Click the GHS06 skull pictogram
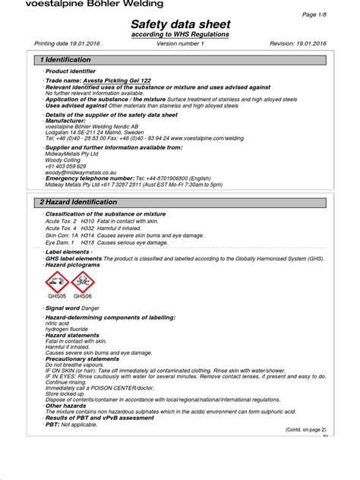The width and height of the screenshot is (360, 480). [x=83, y=282]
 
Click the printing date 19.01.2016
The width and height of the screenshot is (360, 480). [x=78, y=43]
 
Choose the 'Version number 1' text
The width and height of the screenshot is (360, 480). [x=180, y=43]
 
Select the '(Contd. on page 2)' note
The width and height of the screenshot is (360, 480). [x=305, y=429]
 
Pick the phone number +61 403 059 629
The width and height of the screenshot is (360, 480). [x=66, y=166]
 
